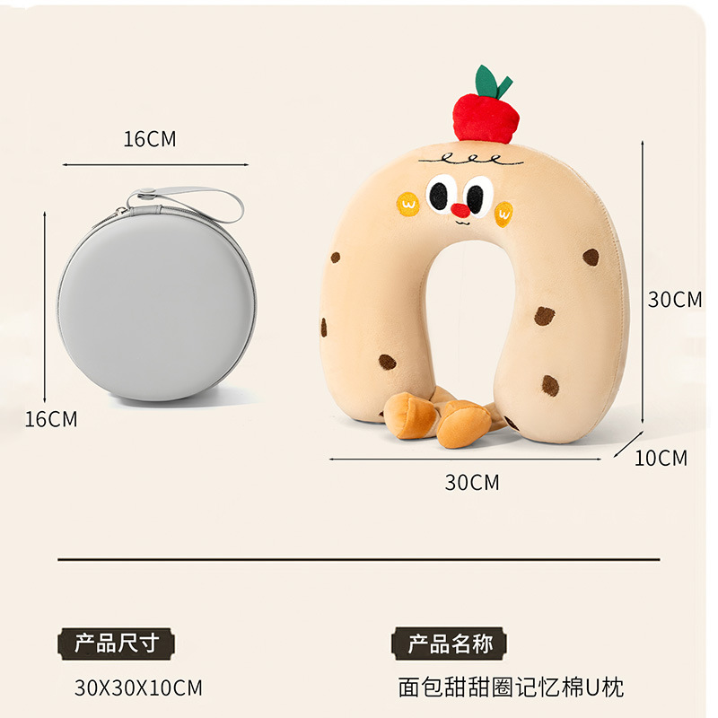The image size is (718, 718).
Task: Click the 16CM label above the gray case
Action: [x=150, y=139]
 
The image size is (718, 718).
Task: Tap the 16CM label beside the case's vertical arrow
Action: [x=51, y=418]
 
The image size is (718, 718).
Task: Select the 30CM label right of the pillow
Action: [x=675, y=300]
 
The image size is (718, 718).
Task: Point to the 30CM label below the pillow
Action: [x=472, y=483]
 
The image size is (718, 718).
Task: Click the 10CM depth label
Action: [x=661, y=459]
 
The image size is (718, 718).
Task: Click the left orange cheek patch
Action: [x=408, y=204]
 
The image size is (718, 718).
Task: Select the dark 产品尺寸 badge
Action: [x=117, y=643]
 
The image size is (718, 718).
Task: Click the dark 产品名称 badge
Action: [x=450, y=643]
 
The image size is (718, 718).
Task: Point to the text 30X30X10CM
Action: [x=138, y=688]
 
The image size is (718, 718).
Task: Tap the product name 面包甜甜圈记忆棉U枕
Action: [x=511, y=688]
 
